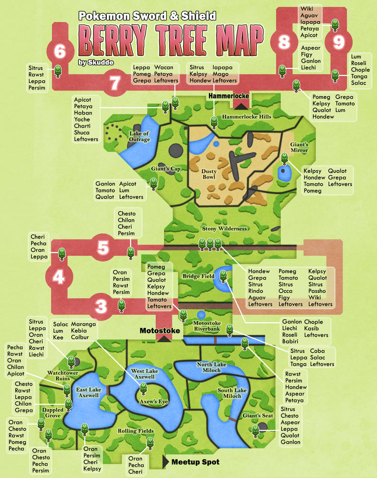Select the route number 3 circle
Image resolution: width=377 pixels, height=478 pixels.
(x=101, y=307)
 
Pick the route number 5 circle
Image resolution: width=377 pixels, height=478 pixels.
(x=104, y=247)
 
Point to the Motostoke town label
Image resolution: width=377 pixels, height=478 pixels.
(x=160, y=330)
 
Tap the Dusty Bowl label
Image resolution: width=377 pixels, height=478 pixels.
(x=209, y=174)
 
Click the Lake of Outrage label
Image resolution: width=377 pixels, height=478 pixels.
(x=140, y=136)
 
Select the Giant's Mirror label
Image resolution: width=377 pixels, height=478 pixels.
(x=300, y=147)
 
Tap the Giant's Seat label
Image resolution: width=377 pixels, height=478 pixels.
(x=258, y=416)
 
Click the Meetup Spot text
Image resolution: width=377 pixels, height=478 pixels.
(x=195, y=461)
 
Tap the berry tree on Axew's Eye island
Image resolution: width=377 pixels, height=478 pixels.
(x=143, y=390)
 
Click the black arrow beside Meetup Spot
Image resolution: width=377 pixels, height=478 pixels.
(x=166, y=461)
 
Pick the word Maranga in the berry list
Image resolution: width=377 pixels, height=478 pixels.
(x=83, y=324)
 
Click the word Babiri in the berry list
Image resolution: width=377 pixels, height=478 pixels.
(x=290, y=341)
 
